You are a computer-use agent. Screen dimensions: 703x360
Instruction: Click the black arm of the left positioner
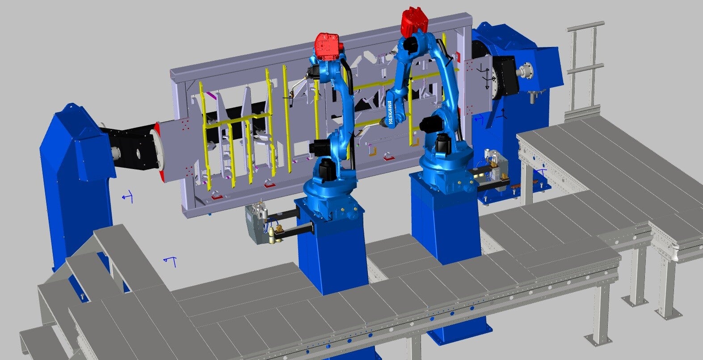(132, 148)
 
